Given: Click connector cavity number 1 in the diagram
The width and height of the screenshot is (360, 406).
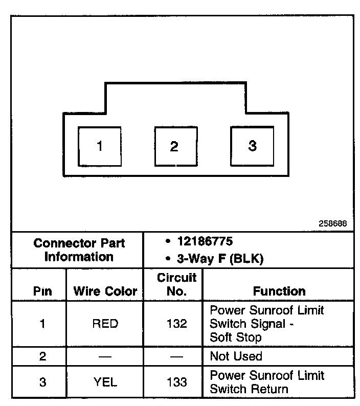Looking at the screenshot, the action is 100,146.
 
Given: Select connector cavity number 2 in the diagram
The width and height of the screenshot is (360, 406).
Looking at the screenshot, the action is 174,147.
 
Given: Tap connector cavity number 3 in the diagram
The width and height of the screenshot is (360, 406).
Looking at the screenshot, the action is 252,146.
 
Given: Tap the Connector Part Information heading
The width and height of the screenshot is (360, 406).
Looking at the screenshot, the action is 79,250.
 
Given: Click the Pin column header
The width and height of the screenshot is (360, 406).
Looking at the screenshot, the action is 42,291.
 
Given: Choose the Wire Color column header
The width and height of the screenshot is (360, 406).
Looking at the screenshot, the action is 105,291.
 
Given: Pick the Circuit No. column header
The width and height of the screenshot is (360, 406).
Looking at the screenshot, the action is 177,285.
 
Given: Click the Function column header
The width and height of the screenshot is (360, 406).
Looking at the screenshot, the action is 279,291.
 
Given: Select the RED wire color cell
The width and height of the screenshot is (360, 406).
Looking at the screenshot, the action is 105,324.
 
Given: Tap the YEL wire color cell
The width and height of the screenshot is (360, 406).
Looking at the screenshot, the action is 105,382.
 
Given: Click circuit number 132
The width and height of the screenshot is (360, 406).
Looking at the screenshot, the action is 177,324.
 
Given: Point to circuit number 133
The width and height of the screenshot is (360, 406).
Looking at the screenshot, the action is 177,382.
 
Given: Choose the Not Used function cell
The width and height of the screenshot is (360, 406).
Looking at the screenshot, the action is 236,356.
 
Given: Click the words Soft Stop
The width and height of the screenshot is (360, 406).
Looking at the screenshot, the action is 236,337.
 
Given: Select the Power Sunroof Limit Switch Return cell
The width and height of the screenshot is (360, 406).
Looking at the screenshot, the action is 267,382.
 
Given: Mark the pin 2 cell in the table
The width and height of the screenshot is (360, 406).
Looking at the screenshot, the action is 42,356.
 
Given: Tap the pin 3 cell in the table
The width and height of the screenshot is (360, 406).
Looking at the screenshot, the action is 42,382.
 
